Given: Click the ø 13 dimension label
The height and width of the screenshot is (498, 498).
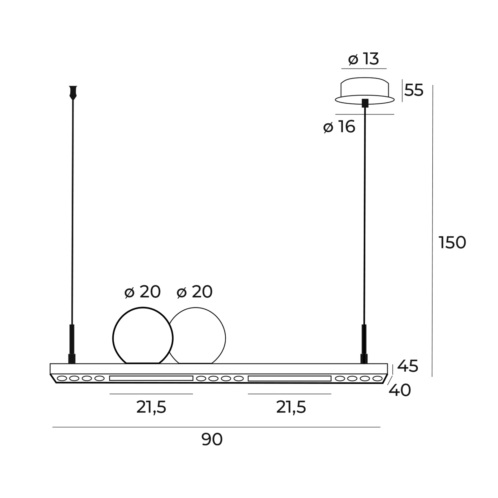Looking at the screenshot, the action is click(363, 59).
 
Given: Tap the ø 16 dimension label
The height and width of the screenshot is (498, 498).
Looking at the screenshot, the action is click(339, 127).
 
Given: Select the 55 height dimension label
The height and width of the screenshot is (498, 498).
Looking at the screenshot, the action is click(414, 90).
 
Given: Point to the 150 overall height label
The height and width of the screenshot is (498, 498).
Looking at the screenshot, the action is click(452, 242).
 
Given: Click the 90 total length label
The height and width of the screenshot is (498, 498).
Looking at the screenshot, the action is click(212, 439).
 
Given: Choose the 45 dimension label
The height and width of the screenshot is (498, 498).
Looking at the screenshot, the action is click(408, 366).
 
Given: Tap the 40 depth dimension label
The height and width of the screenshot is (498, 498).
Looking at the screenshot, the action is click(400, 390).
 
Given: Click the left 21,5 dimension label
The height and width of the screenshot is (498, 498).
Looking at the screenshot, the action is click(151, 407).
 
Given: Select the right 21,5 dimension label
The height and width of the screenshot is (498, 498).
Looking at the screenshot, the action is click(291, 407).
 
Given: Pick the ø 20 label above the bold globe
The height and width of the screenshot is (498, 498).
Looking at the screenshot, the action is click(142, 292).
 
